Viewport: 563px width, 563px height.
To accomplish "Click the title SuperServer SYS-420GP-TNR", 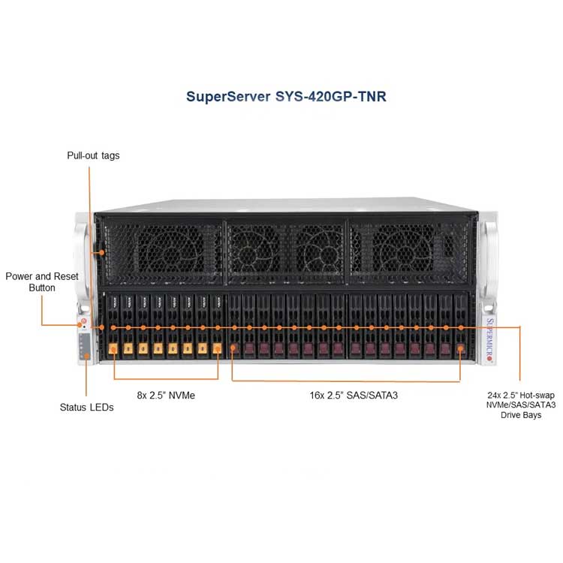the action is pyautogui.click(x=286, y=97).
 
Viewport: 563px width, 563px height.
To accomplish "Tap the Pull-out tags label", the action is pyautogui.click(x=93, y=155).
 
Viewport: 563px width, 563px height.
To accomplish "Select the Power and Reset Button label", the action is pyautogui.click(x=42, y=281).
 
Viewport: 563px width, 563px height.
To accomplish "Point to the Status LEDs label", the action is pyautogui.click(x=86, y=407).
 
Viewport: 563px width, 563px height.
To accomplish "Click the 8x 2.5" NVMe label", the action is pyautogui.click(x=166, y=396).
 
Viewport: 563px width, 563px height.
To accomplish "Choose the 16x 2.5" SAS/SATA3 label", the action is pyautogui.click(x=354, y=396).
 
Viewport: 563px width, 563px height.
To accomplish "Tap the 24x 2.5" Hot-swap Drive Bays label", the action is pyautogui.click(x=521, y=405).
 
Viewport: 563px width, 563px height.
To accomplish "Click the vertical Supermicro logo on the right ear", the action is pyautogui.click(x=489, y=339).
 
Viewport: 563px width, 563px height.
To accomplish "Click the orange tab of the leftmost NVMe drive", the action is pyautogui.click(x=113, y=348).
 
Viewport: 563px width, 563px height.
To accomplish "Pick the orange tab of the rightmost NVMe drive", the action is pyautogui.click(x=217, y=348).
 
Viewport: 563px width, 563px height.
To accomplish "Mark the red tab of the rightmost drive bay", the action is pyautogui.click(x=460, y=348).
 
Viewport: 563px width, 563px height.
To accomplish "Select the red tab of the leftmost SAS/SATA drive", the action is pyautogui.click(x=233, y=348).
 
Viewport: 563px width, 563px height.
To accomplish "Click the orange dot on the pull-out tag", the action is pyautogui.click(x=101, y=253).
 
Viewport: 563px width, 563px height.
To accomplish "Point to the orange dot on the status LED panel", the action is pyautogui.click(x=86, y=356).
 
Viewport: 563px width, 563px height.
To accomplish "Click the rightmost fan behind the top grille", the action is pyautogui.click(x=404, y=250).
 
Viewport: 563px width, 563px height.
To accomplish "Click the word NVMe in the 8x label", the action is pyautogui.click(x=182, y=396).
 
